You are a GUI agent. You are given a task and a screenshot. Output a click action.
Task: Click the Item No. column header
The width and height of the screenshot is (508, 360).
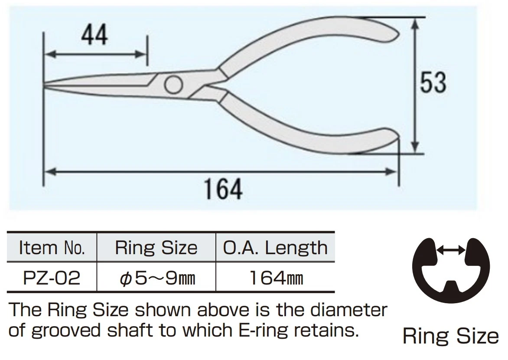(x=52, y=248)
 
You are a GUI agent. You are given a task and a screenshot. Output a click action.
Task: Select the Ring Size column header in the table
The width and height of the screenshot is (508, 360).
(x=156, y=248)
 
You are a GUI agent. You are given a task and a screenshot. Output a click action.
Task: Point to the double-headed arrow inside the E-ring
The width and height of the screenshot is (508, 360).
(x=451, y=249)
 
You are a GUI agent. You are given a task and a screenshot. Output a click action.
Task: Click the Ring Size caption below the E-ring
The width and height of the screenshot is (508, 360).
(x=451, y=336)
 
